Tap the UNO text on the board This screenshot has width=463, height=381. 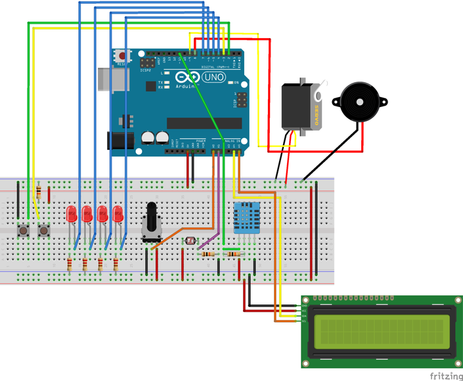coord(214,77)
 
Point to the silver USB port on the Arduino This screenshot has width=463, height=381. coord(105,78)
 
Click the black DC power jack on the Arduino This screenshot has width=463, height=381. coord(118,141)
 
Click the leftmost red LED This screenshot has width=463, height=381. coord(72,213)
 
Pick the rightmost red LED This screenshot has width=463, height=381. coord(118,213)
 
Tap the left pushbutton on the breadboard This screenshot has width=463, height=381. coord(25,231)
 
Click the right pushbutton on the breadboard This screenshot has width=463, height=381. coord(44,231)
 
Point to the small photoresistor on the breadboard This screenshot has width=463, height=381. coord(191,241)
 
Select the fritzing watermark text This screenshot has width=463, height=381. coord(445,376)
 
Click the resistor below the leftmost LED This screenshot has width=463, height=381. coord(70,264)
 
